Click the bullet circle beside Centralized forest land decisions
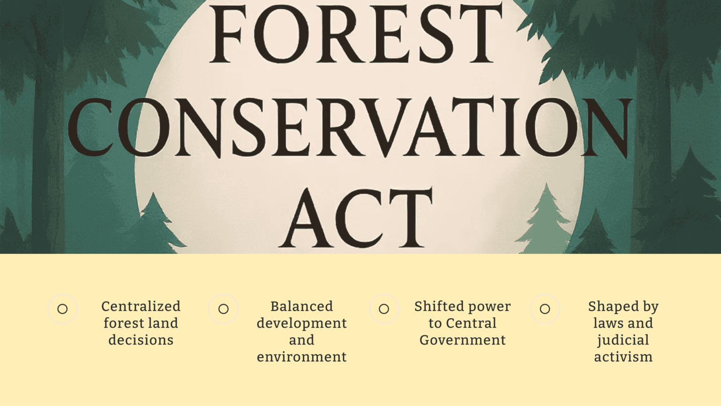(62, 309)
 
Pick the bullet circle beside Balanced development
(223, 309)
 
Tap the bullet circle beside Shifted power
(384, 309)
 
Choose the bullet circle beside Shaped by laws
(545, 309)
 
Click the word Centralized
(141, 306)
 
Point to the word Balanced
(301, 306)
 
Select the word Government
(462, 340)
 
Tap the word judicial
(623, 340)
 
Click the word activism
(623, 357)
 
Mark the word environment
(301, 357)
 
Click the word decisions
(141, 340)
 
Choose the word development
(301, 323)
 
